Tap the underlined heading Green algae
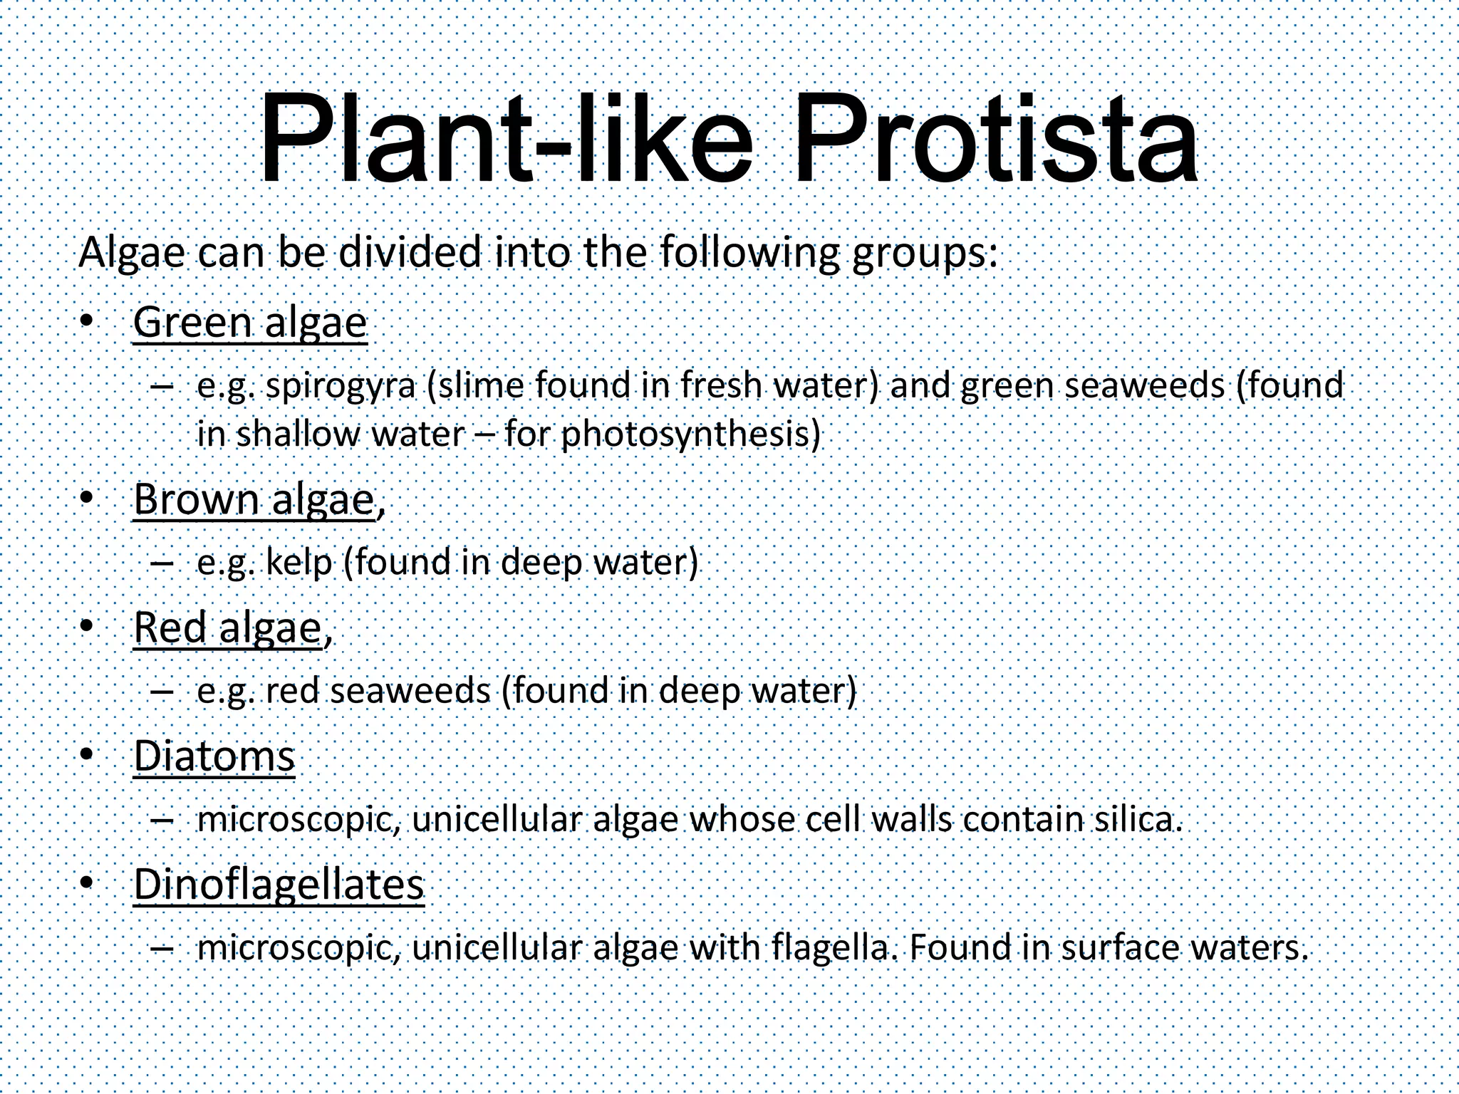coord(249,323)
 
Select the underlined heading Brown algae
coord(254,499)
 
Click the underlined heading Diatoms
coord(214,756)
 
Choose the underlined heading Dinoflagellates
coord(279,884)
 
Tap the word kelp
coord(300,563)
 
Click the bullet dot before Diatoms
coord(86,755)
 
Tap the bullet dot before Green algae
coord(86,322)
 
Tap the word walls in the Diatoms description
coord(912,819)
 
